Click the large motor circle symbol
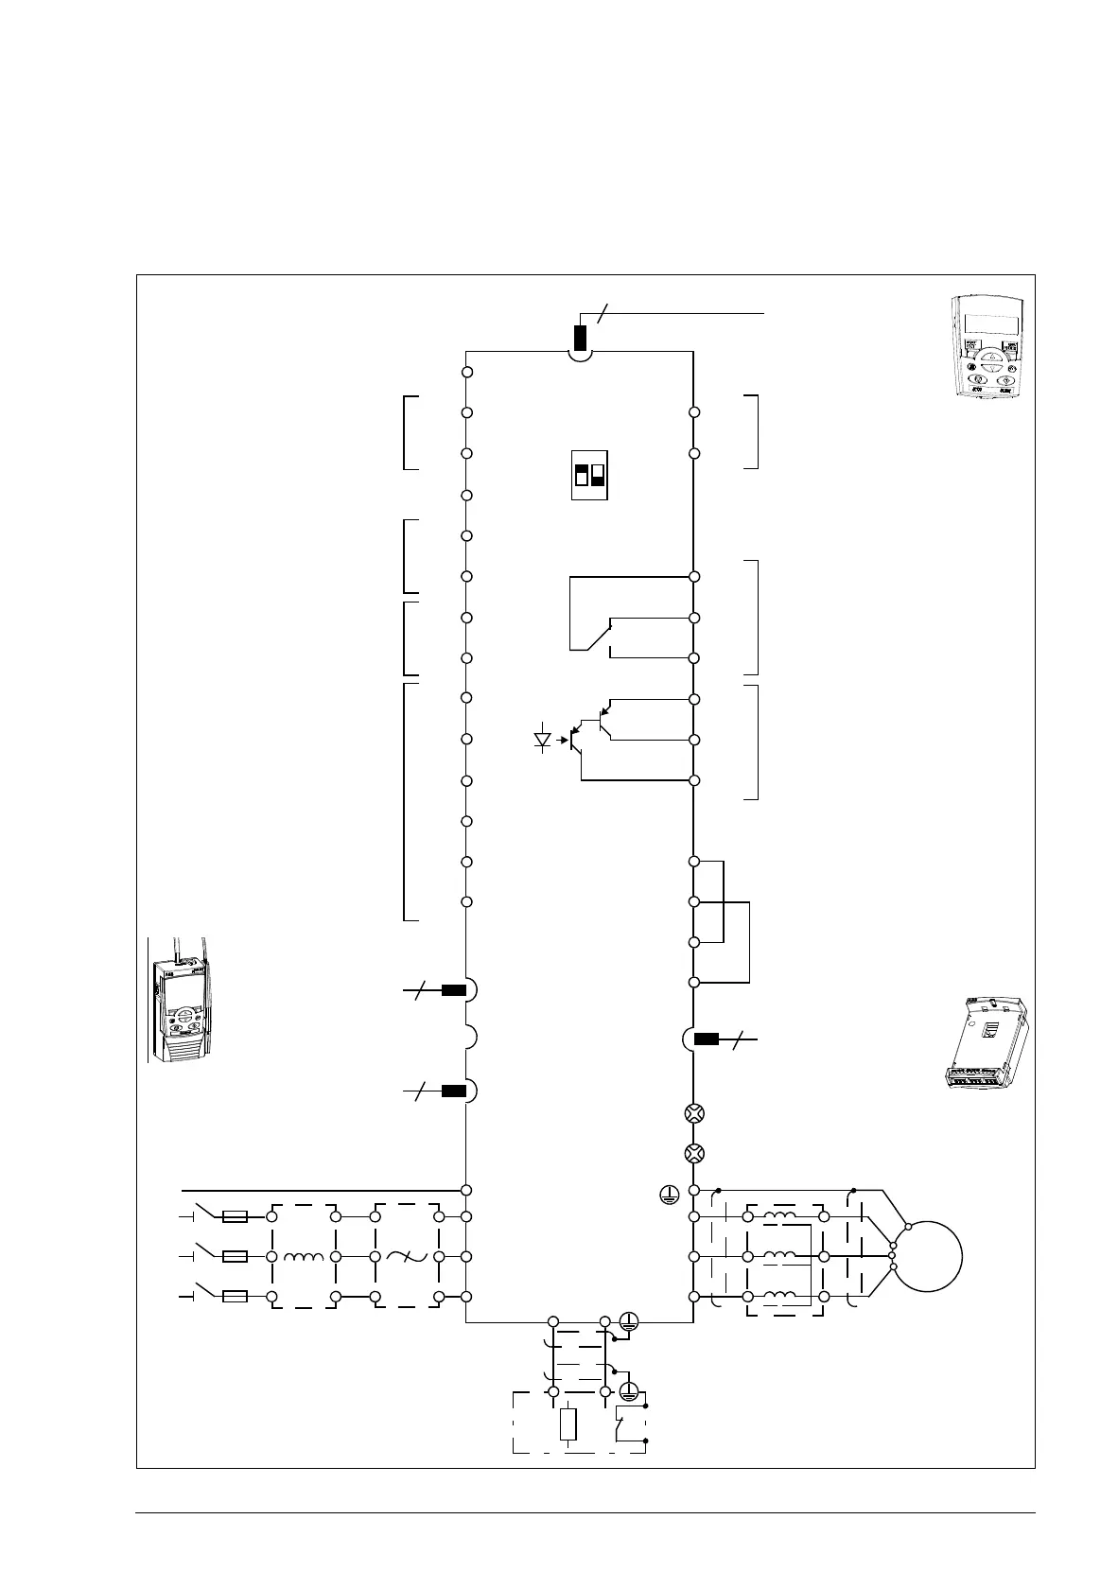point(928,1256)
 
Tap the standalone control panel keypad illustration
point(987,349)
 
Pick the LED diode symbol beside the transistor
point(543,739)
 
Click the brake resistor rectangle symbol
point(568,1424)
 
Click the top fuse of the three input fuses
point(235,1216)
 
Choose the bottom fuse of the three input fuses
point(235,1296)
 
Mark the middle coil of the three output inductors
point(779,1256)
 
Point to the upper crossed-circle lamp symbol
point(694,1113)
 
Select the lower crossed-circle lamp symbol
point(694,1153)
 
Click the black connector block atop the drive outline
point(580,338)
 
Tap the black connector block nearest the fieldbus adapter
point(707,1039)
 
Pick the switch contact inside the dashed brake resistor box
point(625,1423)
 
